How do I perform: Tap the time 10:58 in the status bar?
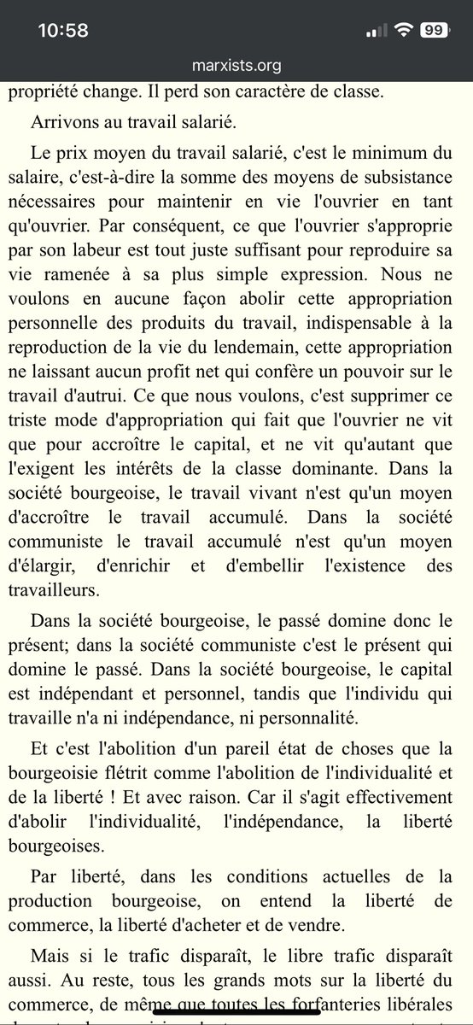(x=63, y=30)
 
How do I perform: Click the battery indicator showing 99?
(x=434, y=30)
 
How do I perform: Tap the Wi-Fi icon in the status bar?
(x=402, y=30)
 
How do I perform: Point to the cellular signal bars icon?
(x=376, y=31)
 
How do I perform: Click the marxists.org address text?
(x=236, y=66)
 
